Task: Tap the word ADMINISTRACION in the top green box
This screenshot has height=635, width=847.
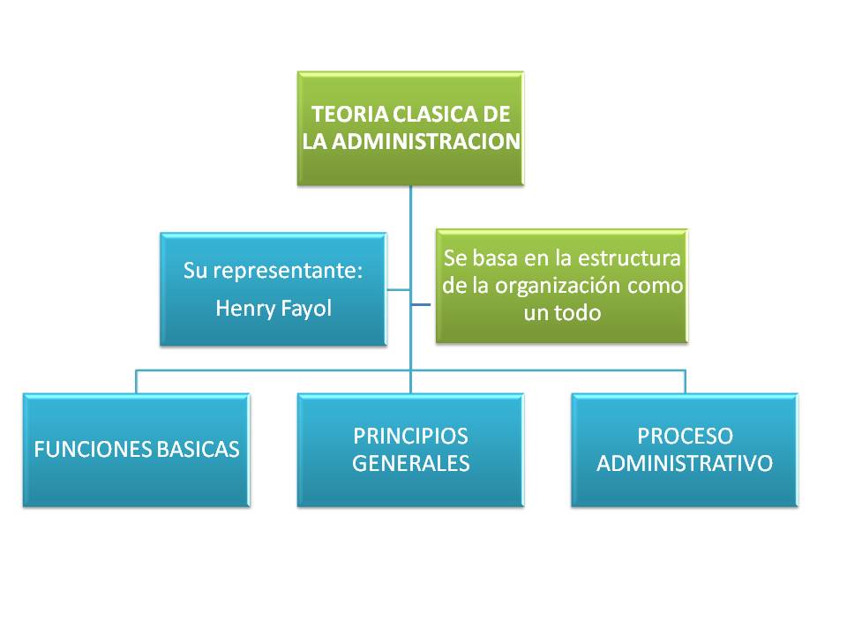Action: (x=425, y=141)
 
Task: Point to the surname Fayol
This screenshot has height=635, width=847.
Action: (x=306, y=309)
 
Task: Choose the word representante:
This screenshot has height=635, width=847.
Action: (x=288, y=271)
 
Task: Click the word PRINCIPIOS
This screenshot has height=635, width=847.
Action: (x=410, y=436)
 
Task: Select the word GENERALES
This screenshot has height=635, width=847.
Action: (x=410, y=463)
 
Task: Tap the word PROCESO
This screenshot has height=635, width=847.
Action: (x=685, y=436)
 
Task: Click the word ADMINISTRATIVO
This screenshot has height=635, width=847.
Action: (x=685, y=463)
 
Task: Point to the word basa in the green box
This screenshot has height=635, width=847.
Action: (x=495, y=258)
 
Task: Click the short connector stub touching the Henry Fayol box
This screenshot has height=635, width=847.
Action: (x=398, y=290)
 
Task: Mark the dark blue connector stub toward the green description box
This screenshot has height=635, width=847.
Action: (x=421, y=304)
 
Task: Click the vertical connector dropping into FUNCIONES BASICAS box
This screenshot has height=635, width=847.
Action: (x=136, y=382)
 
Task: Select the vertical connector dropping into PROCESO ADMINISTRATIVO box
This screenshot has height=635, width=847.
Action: (x=685, y=382)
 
